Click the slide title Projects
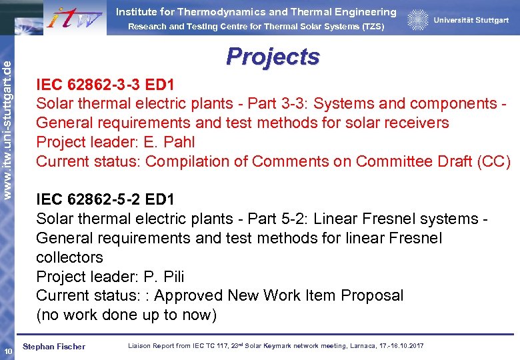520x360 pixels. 273,57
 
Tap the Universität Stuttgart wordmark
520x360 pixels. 471,21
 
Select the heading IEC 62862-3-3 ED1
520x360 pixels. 105,85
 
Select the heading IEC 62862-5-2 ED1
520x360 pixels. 105,199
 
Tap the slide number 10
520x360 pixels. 7,351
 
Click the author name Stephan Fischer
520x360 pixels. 54,346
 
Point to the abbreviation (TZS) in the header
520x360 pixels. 371,27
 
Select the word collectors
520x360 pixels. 69,257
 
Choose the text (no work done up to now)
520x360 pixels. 126,315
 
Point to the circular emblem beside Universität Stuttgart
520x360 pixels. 418,21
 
